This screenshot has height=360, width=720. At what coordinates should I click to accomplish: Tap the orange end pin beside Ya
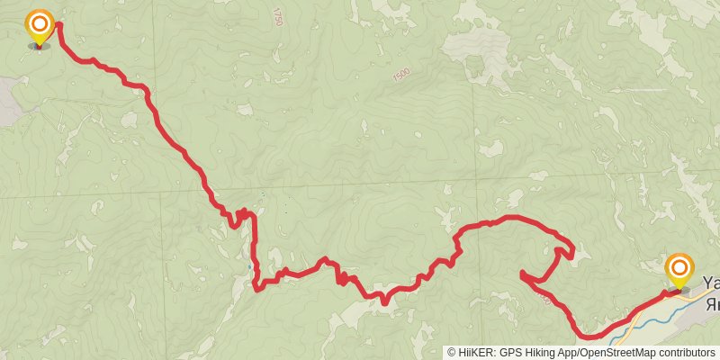(679, 269)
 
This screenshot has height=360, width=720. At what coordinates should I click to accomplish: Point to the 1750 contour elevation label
(276, 17)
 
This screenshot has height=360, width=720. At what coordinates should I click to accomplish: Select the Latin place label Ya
(710, 282)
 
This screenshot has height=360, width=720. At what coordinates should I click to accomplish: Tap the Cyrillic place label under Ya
(713, 303)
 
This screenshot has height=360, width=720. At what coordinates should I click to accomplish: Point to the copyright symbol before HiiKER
(452, 353)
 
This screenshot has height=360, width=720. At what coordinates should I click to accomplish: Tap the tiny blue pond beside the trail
(249, 268)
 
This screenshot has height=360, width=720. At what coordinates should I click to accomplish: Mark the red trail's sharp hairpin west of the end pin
(523, 273)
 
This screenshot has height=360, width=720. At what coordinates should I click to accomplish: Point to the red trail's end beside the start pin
(59, 24)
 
